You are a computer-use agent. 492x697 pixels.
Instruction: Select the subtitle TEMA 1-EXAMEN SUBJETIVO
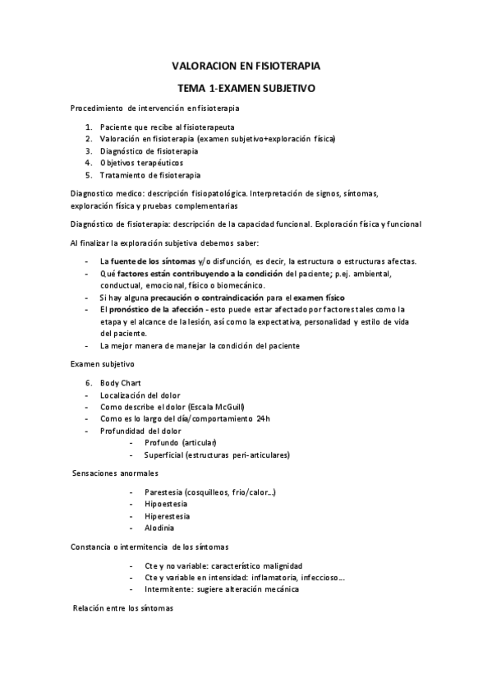point(246,86)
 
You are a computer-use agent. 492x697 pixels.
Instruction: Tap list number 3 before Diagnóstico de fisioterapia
point(89,151)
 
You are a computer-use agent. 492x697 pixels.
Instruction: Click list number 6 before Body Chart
point(89,383)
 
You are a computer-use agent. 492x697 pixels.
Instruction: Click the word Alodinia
point(159,528)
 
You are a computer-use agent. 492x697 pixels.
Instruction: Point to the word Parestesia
point(163,492)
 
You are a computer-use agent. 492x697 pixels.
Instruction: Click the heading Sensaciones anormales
point(116,474)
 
